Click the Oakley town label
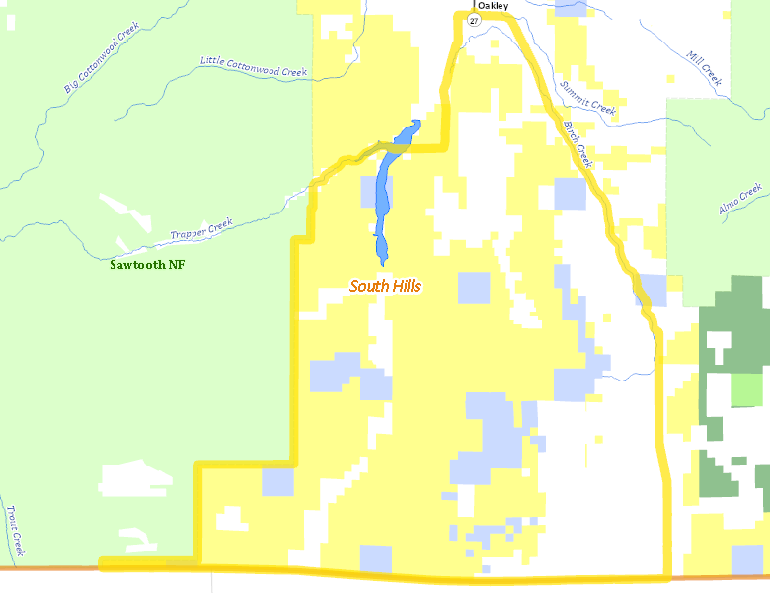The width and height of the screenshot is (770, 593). [x=494, y=5]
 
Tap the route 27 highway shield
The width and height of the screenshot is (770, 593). [x=474, y=20]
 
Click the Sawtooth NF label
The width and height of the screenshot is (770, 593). [x=147, y=265]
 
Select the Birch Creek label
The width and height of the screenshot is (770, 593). [x=576, y=143]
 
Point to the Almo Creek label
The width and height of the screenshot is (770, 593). [x=740, y=198]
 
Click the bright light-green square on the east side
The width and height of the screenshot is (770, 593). [x=746, y=391]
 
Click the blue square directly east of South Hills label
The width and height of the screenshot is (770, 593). [x=474, y=287]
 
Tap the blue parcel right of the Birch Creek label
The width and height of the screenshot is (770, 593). [x=570, y=193]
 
